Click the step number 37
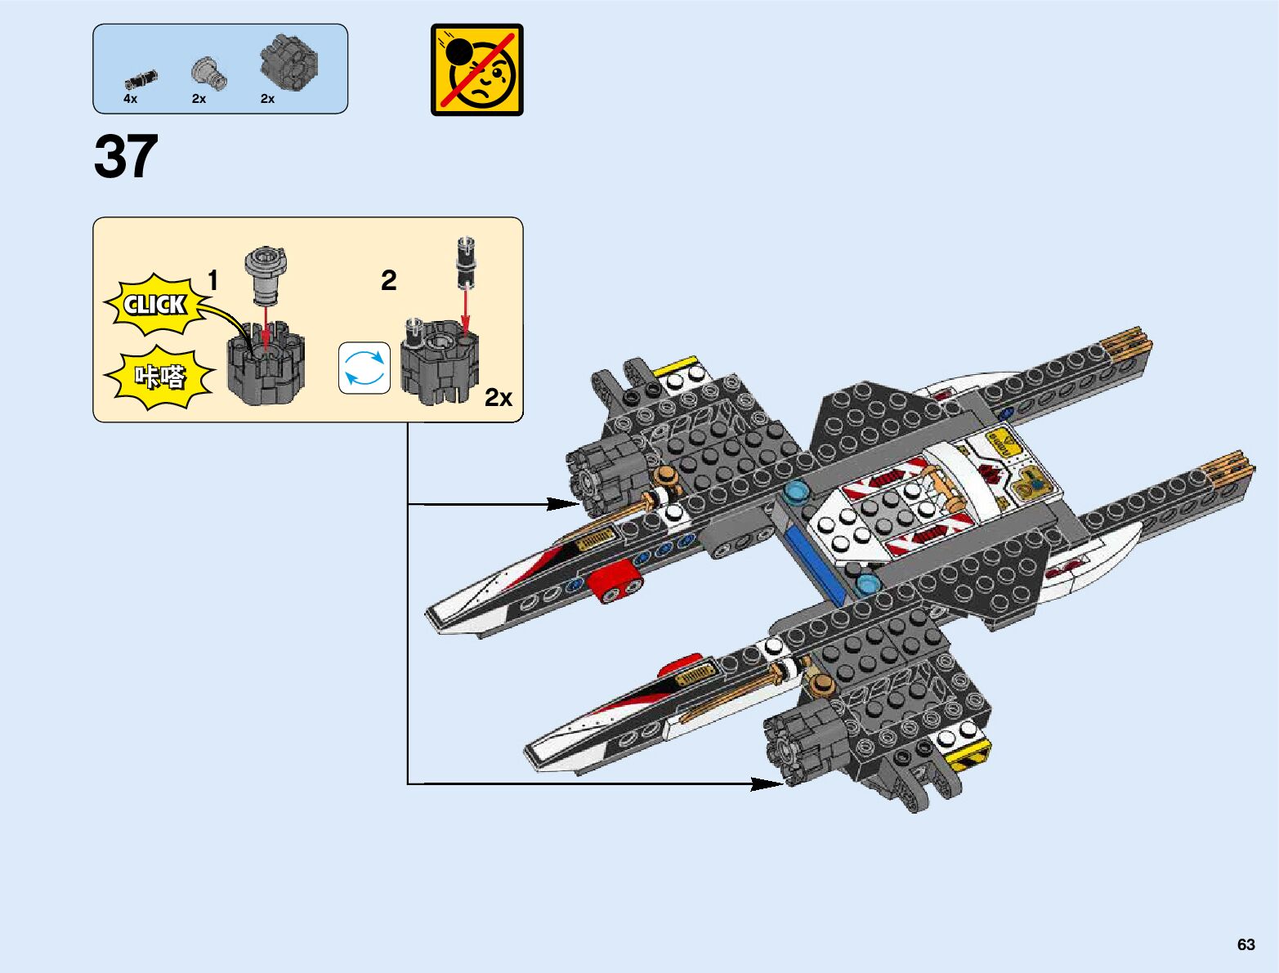[x=126, y=157]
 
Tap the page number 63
[x=1245, y=944]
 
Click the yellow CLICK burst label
[x=154, y=305]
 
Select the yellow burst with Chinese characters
[x=159, y=377]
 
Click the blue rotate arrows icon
[x=364, y=368]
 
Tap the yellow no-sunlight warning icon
[x=476, y=69]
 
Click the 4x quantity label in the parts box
[x=131, y=99]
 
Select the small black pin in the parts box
[x=141, y=79]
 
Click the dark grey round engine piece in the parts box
[x=288, y=61]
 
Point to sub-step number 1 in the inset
[x=212, y=281]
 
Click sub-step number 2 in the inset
[x=389, y=281]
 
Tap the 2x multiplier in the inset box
[x=498, y=398]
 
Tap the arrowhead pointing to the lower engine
[x=771, y=784]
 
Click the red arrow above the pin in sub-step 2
[x=465, y=310]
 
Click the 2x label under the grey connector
[x=199, y=99]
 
